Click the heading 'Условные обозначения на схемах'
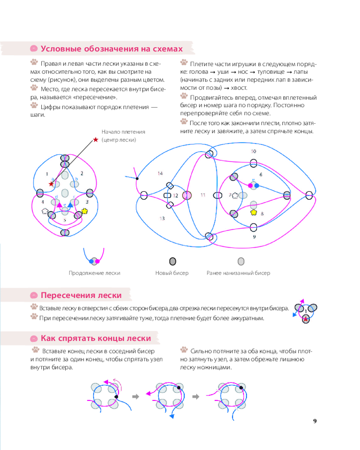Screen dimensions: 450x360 tap(112, 49)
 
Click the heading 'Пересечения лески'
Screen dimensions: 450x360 tap(81, 295)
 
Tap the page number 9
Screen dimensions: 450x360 tap(315, 421)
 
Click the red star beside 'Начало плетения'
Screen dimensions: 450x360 tap(95, 140)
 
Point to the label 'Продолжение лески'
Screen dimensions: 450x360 tap(94, 273)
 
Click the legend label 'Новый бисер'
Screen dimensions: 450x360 tap(172, 273)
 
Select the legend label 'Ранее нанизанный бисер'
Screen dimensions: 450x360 tap(238, 273)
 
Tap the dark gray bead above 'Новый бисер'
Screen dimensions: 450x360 tap(172, 261)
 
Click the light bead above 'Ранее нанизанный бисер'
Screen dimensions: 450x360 tap(241, 261)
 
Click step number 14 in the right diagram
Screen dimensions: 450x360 tap(160, 173)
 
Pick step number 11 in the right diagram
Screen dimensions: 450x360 tap(203, 195)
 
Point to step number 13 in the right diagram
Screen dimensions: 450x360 tap(162, 218)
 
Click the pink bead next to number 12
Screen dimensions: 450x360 tap(187, 195)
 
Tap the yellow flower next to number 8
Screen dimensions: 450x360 tap(253, 212)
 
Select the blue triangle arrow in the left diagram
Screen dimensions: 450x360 tap(70, 205)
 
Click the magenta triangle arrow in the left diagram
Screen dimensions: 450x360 tap(59, 205)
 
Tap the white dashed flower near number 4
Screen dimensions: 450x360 tap(45, 211)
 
